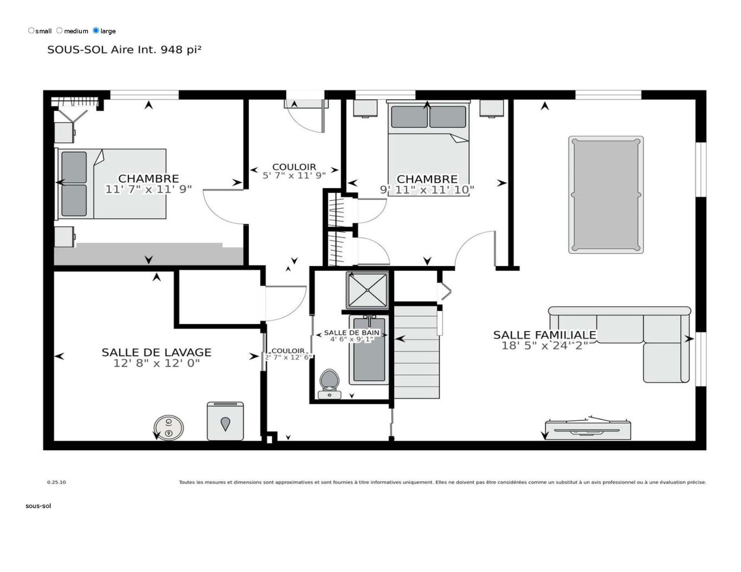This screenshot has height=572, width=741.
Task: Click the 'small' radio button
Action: tap(31, 30)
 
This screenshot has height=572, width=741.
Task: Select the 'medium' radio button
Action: tap(59, 30)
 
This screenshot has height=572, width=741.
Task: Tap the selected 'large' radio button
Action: tap(96, 30)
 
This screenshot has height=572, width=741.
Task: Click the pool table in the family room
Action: tap(606, 195)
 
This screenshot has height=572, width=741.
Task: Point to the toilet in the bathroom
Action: tap(329, 383)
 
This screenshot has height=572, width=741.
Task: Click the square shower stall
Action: tap(367, 290)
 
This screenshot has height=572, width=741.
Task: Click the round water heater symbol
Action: tap(168, 428)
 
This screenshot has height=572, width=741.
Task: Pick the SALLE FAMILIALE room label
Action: tap(545, 335)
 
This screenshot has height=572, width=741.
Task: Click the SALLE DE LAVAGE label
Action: tap(156, 353)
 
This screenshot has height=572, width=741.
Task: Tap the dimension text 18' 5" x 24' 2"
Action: tap(545, 346)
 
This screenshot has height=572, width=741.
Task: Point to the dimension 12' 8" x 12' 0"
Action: tap(156, 363)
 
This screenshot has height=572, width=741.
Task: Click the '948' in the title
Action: tap(172, 50)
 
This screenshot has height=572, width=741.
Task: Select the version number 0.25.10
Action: tap(56, 482)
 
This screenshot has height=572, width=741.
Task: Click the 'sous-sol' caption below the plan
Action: tap(38, 506)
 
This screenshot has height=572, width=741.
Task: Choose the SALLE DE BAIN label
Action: tap(352, 332)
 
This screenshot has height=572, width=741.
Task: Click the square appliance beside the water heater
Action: tap(225, 421)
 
